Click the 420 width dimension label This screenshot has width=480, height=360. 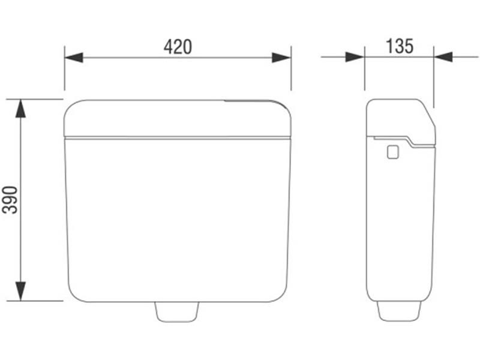click(178, 47)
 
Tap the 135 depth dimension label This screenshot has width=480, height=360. click(400, 46)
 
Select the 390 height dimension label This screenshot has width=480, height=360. click(10, 200)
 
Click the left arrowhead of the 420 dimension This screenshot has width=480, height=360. click(74, 57)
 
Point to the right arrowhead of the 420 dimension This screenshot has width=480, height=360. click(281, 57)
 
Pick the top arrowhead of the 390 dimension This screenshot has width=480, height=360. click(20, 109)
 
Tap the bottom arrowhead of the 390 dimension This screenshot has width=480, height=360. click(20, 291)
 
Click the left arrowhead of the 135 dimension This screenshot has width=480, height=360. click(355, 57)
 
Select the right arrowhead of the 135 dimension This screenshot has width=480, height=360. click(443, 57)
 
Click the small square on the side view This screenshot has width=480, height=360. click(393, 152)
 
